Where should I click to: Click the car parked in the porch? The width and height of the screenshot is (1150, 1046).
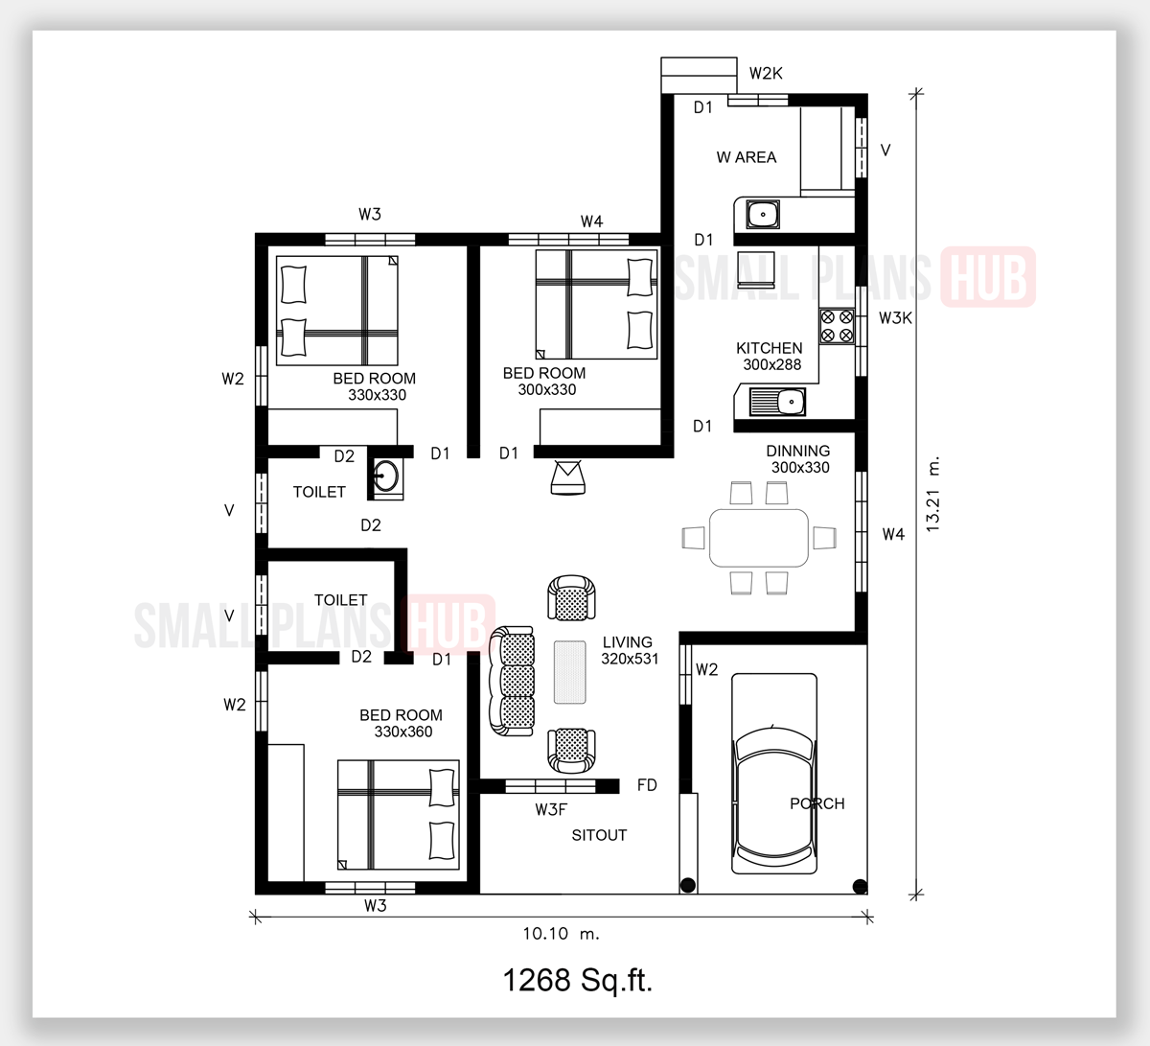click(774, 774)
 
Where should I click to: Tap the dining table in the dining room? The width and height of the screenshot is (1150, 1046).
click(759, 538)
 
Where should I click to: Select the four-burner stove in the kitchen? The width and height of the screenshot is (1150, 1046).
click(837, 326)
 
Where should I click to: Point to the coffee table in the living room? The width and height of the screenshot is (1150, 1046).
click(570, 672)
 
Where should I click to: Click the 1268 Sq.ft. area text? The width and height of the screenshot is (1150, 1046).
click(577, 980)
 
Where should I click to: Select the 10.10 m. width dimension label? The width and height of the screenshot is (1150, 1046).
click(561, 934)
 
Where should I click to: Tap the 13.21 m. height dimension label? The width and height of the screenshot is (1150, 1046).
click(932, 494)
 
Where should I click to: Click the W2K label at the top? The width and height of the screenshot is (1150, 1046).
click(766, 74)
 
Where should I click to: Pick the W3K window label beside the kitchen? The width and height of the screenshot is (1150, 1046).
click(895, 318)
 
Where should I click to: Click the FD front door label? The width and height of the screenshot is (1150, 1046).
click(647, 785)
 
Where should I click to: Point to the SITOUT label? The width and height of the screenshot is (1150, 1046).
click(599, 835)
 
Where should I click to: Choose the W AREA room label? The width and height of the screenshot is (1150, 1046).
click(747, 157)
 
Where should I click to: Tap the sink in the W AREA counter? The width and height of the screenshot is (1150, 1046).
click(763, 215)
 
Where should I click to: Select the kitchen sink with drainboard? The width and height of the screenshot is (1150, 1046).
click(778, 402)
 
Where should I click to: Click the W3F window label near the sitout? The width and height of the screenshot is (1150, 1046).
click(551, 810)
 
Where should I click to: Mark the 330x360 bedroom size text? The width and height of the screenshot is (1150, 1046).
click(403, 732)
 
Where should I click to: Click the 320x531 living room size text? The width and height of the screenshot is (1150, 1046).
click(630, 659)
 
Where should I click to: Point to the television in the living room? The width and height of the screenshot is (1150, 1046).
click(567, 477)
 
